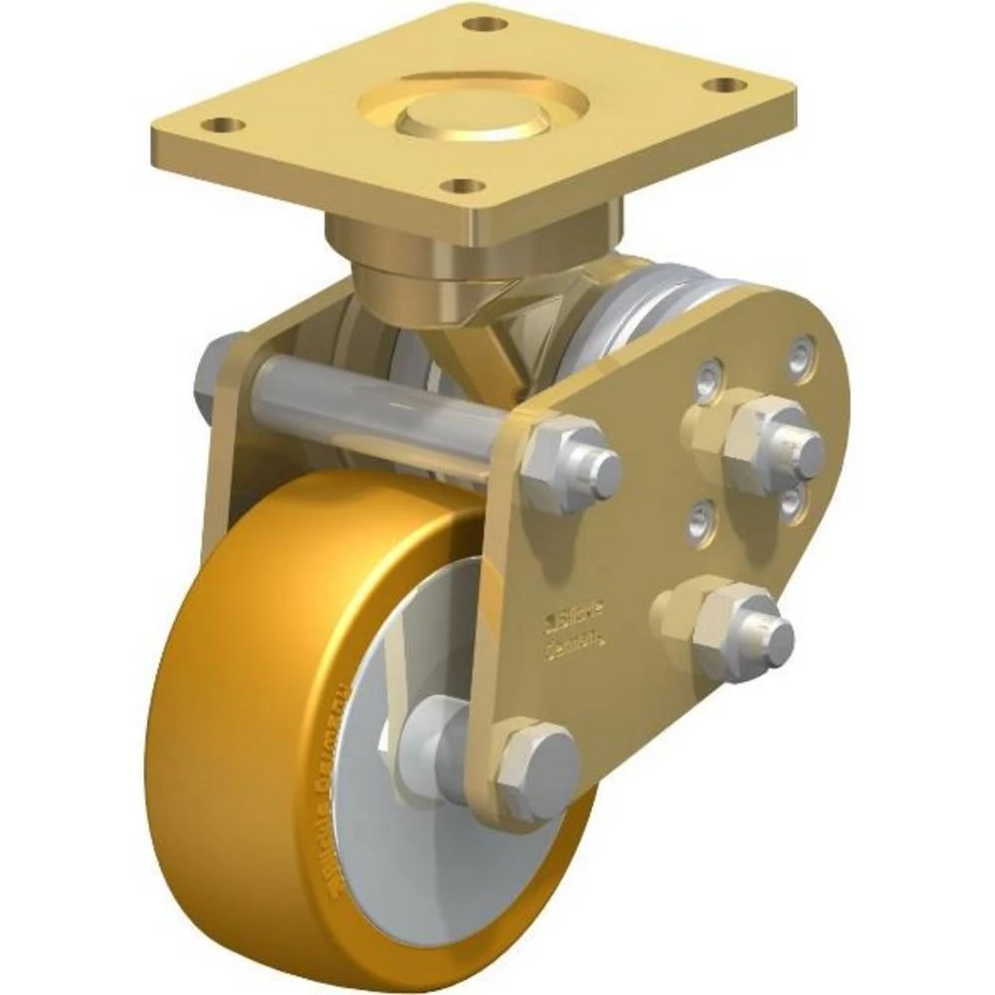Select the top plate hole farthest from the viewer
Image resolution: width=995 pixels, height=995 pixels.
click(485, 22)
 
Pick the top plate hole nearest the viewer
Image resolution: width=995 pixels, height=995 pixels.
click(461, 185)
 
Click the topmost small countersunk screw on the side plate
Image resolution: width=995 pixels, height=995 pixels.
click(801, 354)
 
